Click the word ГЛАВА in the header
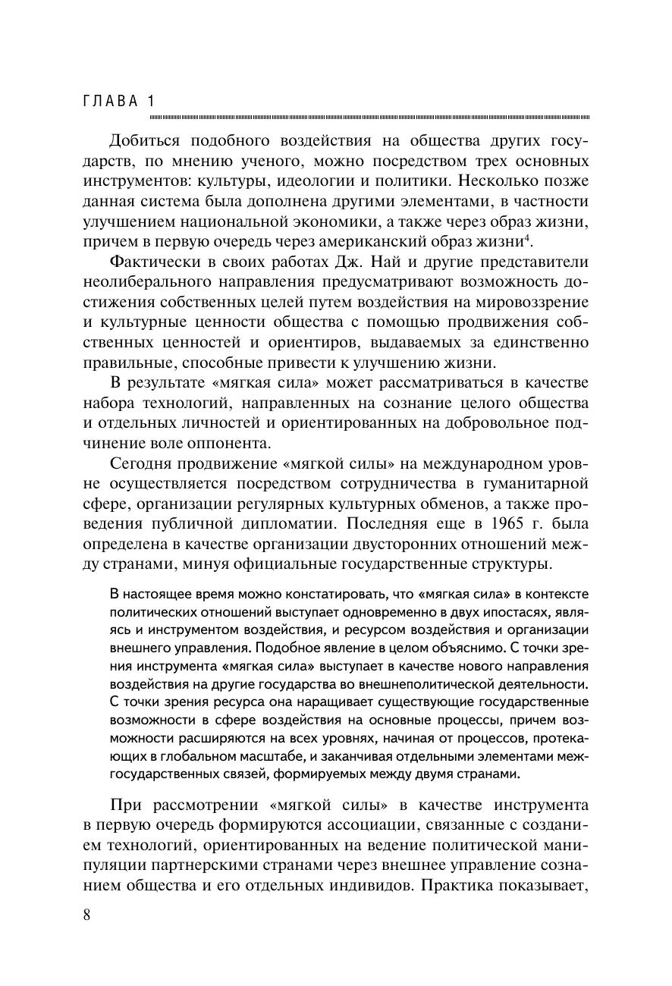click(x=110, y=101)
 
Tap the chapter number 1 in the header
click(x=151, y=101)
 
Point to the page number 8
click(x=86, y=915)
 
